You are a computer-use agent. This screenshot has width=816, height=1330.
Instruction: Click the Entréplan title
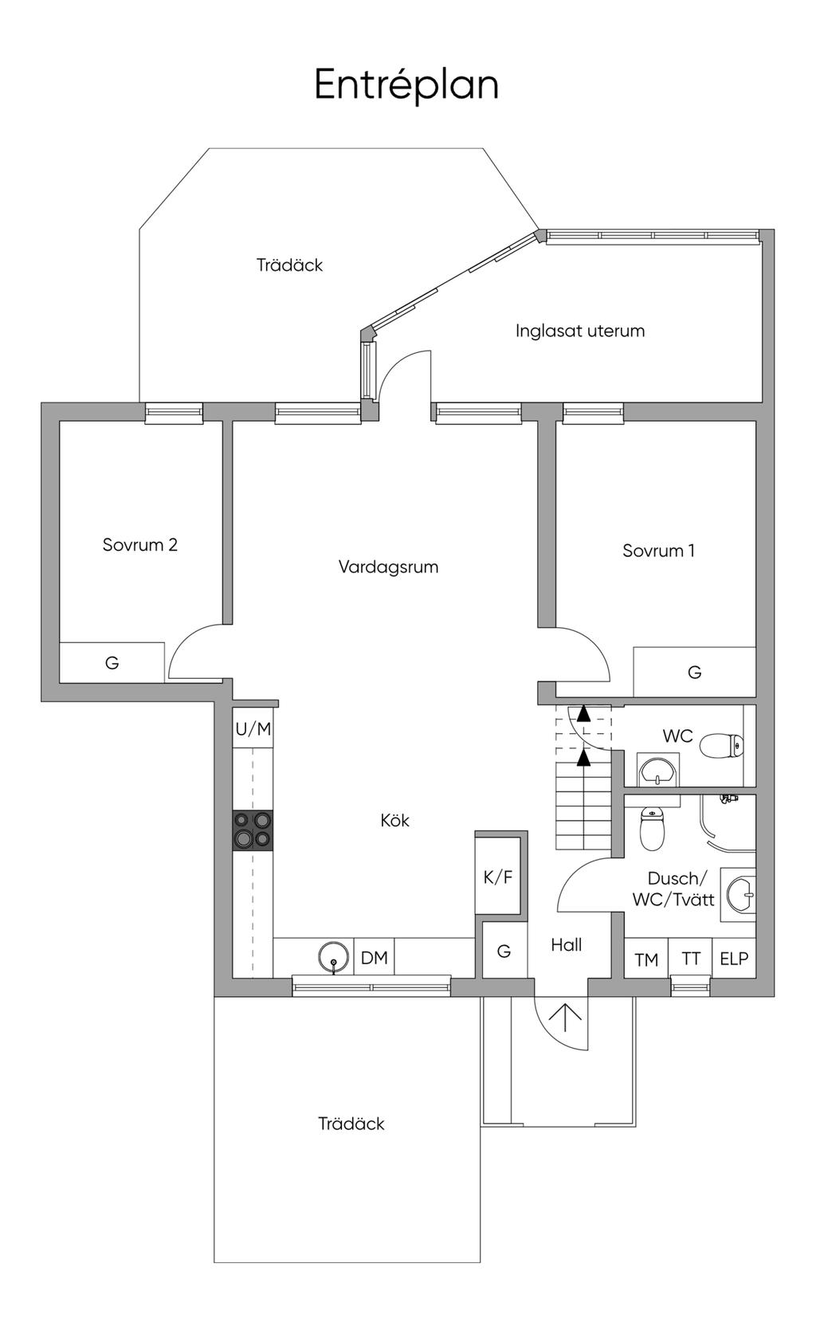coord(406,85)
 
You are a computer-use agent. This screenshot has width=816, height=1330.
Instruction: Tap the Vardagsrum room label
coord(388,567)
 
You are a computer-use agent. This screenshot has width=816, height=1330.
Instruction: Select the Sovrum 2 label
coord(140,544)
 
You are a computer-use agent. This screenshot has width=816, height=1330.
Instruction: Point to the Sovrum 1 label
coord(658,551)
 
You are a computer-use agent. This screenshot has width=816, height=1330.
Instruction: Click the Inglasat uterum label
coord(579,331)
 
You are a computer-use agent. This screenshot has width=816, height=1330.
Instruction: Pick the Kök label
coord(395,820)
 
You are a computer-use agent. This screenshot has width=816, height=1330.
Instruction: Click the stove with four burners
coord(253,830)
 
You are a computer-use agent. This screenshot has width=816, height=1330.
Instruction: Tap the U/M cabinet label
coord(253,728)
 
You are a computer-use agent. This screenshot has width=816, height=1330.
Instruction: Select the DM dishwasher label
coord(375,958)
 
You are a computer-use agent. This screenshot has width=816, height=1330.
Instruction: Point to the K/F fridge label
coord(498,877)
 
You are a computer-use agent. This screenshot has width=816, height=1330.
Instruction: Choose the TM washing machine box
coord(646,958)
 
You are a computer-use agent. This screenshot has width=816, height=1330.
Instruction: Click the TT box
coord(690,958)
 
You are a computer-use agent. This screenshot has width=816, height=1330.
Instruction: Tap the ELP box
coord(734,958)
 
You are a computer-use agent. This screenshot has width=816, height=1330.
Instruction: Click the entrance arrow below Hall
coord(565,1019)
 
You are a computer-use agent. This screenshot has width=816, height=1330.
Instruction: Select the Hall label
coord(566,944)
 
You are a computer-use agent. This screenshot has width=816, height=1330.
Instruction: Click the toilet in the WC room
coord(722,746)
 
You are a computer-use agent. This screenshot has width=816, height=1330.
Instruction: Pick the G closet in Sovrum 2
coord(112,663)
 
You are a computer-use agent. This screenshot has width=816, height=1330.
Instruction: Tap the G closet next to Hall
coord(504,951)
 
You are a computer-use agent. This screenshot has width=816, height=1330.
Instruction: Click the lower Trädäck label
coord(351,1124)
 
